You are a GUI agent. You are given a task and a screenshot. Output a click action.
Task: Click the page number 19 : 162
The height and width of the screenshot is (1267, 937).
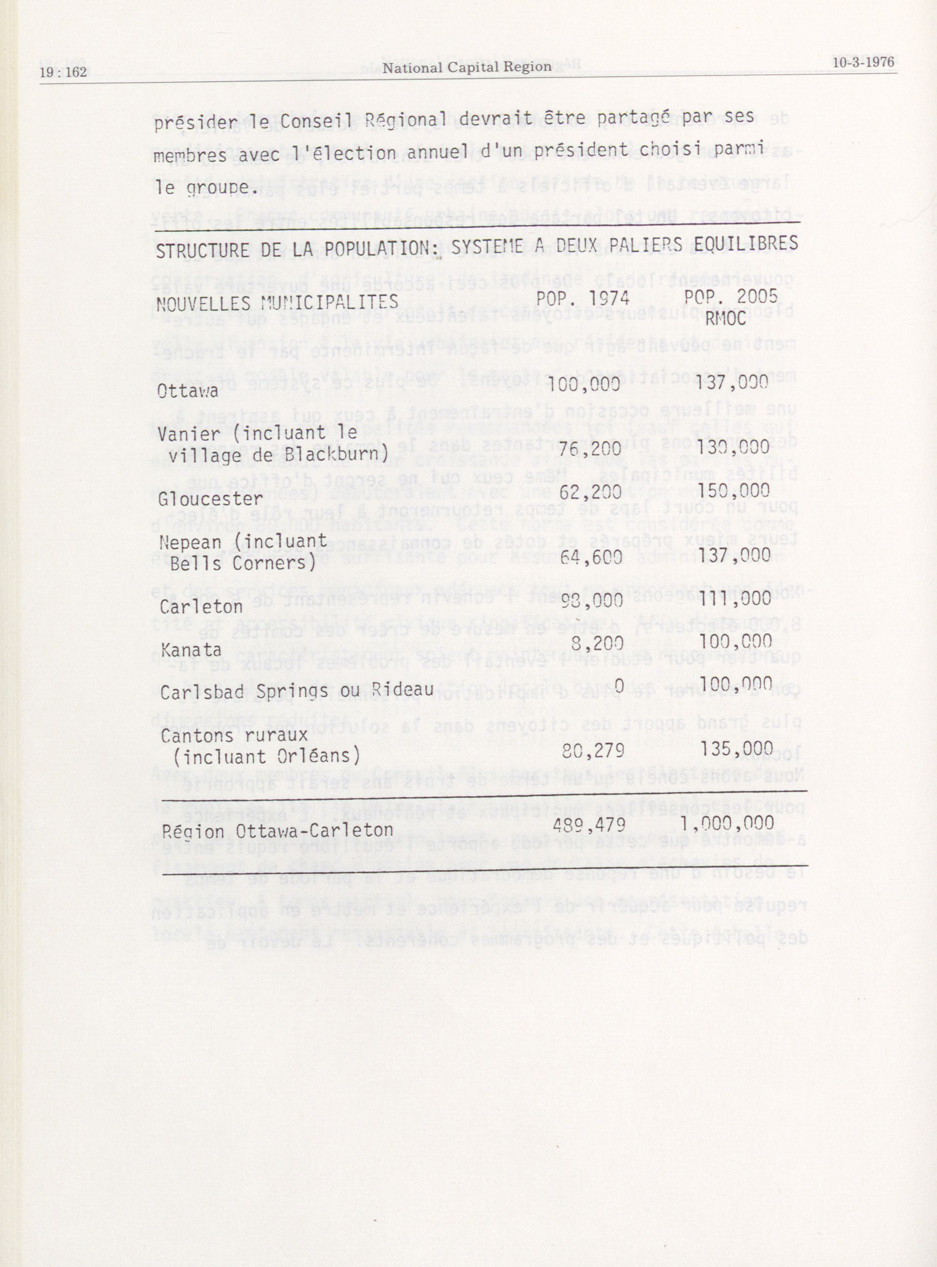(x=63, y=73)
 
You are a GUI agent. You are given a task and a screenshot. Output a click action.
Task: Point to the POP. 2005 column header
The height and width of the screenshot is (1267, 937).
(x=730, y=297)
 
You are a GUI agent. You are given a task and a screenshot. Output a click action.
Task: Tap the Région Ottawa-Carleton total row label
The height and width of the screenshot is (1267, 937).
(x=277, y=831)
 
